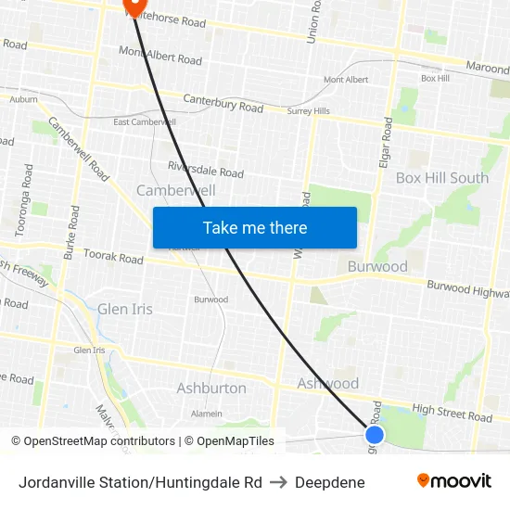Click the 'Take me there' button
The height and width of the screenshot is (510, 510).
[x=255, y=227]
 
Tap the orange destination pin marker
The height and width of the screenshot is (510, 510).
[x=130, y=6]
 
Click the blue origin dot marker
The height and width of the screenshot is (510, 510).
[x=375, y=434]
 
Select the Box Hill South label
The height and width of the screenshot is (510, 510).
[x=441, y=178]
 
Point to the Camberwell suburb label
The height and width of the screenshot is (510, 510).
[x=175, y=190]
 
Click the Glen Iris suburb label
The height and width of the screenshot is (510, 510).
[x=125, y=309]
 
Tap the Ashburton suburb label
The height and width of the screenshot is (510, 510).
[x=211, y=388]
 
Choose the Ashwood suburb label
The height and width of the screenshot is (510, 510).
[x=327, y=383]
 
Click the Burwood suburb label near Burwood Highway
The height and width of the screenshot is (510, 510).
[x=376, y=267]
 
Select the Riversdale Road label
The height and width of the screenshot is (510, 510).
[x=205, y=169]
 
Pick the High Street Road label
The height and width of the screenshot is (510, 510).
[x=452, y=413]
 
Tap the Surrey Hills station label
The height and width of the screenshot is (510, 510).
[x=308, y=111]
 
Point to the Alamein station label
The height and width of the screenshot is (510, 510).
[x=206, y=414]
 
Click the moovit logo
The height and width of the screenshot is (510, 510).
[x=453, y=481]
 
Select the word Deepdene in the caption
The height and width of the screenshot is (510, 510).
[x=329, y=482]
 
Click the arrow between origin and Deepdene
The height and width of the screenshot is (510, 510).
[x=278, y=482]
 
